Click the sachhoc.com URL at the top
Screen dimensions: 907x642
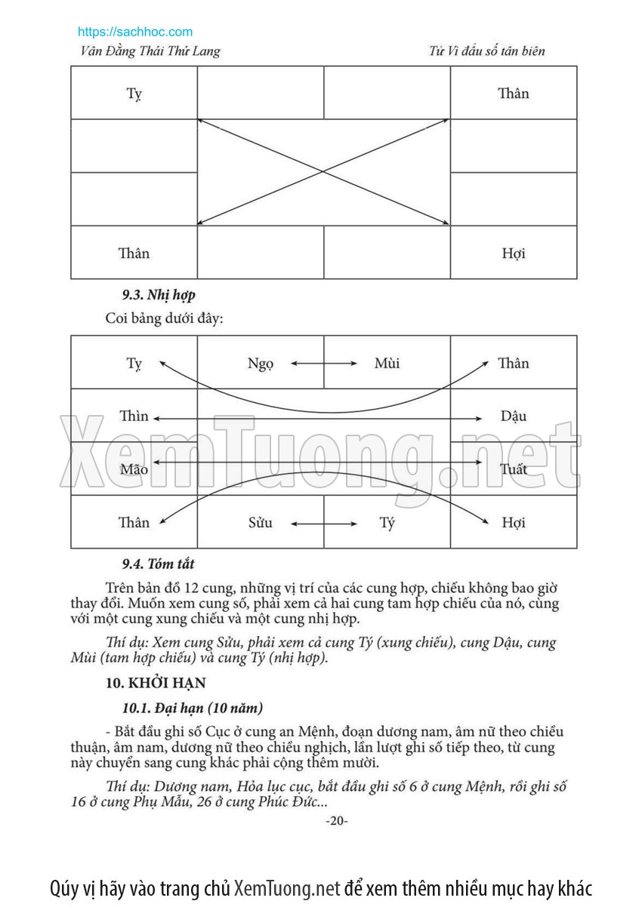point(135,32)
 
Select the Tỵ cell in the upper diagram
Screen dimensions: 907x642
point(134,94)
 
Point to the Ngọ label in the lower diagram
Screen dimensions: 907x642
point(261,364)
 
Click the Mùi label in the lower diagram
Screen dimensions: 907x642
point(387,364)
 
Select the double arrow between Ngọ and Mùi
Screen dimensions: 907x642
point(324,364)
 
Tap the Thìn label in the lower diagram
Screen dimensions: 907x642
point(134,417)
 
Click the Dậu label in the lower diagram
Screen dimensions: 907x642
point(514,417)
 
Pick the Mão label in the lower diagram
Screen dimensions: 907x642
point(134,469)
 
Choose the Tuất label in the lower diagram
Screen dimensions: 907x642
point(514,469)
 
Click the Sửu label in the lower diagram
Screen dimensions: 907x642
point(261,522)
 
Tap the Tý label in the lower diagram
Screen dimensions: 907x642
point(387,522)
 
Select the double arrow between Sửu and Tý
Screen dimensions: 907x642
point(324,522)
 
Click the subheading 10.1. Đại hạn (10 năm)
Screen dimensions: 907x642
point(192,708)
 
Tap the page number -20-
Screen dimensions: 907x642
point(336,821)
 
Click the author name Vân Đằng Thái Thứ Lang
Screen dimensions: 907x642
point(150,51)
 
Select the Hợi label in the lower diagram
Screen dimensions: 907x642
point(514,522)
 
